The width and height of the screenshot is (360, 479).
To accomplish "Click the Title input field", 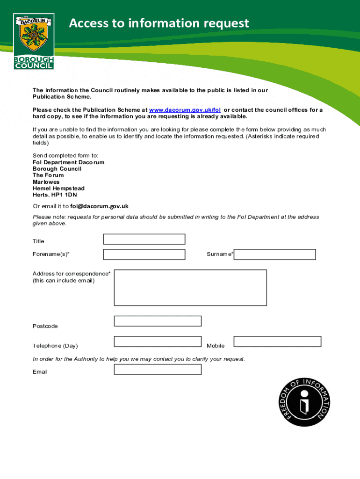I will point(144,239).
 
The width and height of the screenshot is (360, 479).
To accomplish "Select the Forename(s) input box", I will point(144,254).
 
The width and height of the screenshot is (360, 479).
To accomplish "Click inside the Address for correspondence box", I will point(190,288).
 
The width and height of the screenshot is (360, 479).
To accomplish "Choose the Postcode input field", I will point(158,321).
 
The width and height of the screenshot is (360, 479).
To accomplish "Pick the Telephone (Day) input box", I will point(158,341).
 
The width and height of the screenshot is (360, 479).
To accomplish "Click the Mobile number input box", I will point(277,341).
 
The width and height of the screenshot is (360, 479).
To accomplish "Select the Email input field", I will point(158,370).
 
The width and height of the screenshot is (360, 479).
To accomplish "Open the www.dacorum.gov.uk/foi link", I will point(185,110).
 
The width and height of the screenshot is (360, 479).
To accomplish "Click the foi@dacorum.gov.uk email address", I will point(99,206).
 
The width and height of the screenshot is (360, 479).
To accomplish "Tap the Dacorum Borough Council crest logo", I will point(34,41).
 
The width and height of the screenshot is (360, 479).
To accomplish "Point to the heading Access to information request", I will point(159,23).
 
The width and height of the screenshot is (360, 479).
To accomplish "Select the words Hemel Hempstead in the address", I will point(58,189).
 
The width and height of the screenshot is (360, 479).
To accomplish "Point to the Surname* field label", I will point(220,254).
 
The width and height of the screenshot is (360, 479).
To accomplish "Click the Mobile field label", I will point(216,346).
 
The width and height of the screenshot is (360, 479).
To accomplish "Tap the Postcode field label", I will point(45,326).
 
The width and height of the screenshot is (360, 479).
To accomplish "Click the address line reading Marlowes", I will point(46,182).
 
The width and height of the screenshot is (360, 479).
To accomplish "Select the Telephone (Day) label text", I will point(55,346).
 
